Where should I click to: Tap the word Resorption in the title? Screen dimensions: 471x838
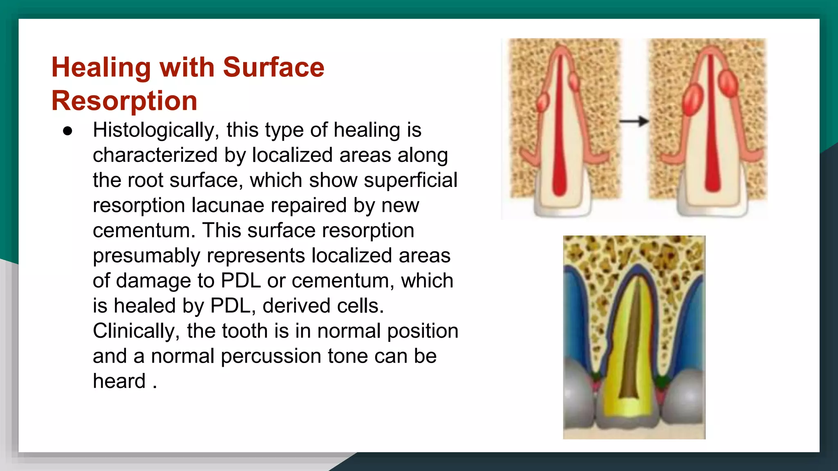click(x=124, y=101)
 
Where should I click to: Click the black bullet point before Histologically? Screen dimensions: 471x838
click(x=68, y=131)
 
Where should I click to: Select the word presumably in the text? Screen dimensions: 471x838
click(x=146, y=256)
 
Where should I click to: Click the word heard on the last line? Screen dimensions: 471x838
click(x=119, y=381)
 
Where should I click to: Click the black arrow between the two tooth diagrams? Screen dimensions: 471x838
click(x=634, y=121)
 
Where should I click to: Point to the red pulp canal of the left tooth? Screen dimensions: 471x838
click(x=559, y=135)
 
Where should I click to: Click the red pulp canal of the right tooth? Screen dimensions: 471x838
click(x=712, y=135)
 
